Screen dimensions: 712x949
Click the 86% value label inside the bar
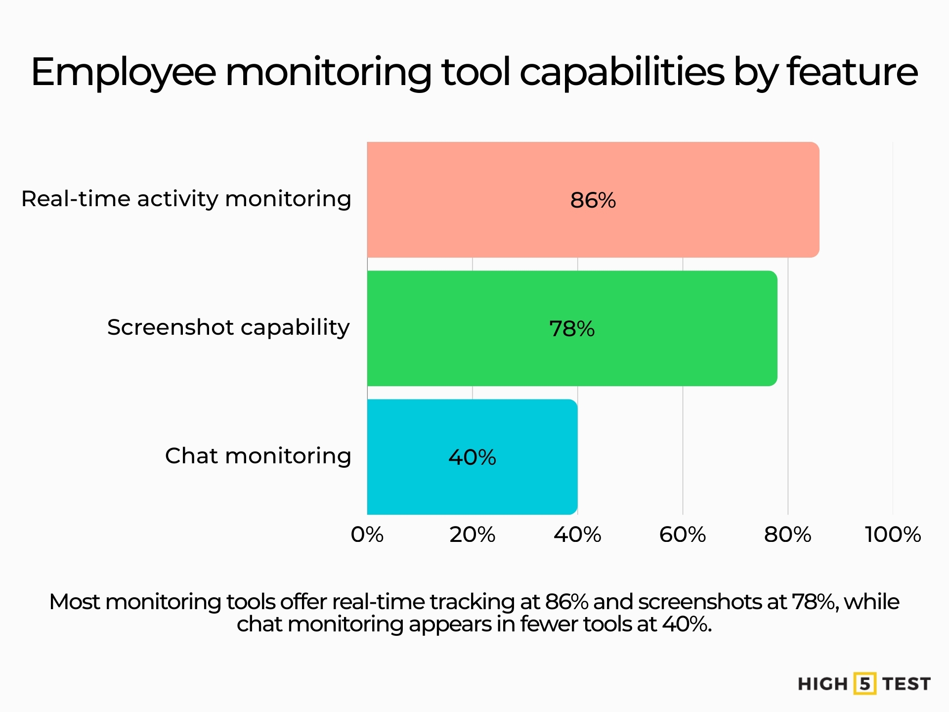[x=593, y=200]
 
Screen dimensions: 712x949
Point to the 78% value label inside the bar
[x=572, y=329]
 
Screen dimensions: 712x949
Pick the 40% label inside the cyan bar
[x=472, y=457]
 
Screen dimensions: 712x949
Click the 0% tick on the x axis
[x=367, y=534]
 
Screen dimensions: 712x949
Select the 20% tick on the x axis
[x=472, y=534]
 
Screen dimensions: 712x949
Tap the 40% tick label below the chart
[x=577, y=534]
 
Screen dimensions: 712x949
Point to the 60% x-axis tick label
[x=683, y=534]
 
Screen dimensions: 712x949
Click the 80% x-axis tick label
[x=787, y=534]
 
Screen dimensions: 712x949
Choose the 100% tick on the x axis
[x=893, y=534]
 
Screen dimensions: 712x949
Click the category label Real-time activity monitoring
[x=186, y=199]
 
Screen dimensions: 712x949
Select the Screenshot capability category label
[x=228, y=327]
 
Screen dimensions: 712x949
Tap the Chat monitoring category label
[x=258, y=456]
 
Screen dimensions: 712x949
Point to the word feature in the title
[x=852, y=72]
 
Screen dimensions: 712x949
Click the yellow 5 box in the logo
[x=864, y=684]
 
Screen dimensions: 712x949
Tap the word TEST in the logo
[x=906, y=684]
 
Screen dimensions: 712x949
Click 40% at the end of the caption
[x=686, y=624]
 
